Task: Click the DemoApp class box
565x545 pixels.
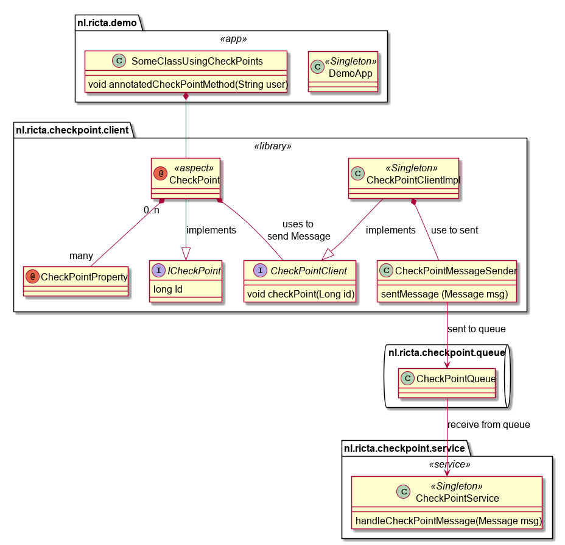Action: [343, 71]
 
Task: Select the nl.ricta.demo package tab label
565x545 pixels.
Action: [107, 23]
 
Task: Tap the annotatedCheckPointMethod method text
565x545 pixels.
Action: [188, 84]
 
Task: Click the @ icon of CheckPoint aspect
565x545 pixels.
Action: [160, 174]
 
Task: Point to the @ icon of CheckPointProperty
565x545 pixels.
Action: [32, 276]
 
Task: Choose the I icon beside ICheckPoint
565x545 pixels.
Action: [158, 270]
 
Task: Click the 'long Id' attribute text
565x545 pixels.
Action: [168, 290]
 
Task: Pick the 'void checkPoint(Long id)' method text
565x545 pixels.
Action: [301, 294]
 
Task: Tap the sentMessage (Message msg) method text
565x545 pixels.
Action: [444, 294]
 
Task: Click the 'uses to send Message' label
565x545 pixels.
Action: [299, 230]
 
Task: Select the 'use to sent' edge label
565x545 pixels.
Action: [454, 230]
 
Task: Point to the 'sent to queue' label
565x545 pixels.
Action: [476, 329]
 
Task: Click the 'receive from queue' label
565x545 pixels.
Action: [489, 424]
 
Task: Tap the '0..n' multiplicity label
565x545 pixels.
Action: [152, 210]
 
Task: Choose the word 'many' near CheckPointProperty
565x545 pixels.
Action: [81, 255]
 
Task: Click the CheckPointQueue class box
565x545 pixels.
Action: [447, 383]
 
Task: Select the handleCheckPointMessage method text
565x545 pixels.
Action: [449, 521]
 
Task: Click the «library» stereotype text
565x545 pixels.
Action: [273, 146]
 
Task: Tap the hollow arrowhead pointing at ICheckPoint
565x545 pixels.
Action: [186, 254]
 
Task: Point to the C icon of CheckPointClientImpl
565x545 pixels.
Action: [358, 174]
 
